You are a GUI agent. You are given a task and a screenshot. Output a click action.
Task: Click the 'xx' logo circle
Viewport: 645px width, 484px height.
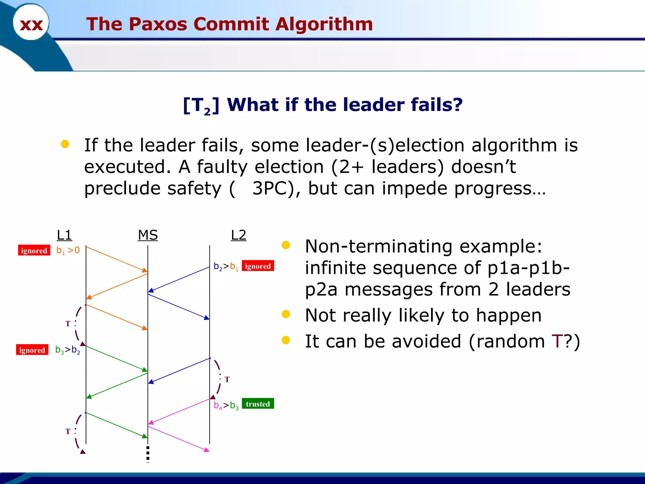point(31,23)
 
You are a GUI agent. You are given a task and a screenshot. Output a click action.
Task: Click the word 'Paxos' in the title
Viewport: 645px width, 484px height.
point(158,24)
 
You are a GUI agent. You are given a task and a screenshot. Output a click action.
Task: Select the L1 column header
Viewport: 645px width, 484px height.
point(64,235)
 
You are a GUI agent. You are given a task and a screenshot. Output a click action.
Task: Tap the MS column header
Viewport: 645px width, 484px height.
point(148,235)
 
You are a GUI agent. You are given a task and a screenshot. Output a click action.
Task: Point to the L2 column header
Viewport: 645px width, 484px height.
point(238,235)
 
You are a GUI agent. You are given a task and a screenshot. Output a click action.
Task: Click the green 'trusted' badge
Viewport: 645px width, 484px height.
point(258,404)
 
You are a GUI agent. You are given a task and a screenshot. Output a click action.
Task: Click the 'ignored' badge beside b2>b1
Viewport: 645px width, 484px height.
point(258,266)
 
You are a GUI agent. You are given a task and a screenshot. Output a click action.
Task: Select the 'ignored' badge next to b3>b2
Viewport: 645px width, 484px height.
point(32,350)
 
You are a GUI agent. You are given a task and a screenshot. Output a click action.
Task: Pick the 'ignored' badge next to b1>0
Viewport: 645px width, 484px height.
point(34,251)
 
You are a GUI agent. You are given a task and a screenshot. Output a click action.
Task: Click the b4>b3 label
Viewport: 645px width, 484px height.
point(226,405)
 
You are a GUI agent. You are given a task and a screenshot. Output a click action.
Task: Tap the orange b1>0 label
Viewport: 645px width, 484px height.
point(68,251)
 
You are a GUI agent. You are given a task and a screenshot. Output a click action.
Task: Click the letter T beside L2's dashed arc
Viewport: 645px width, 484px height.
point(227,379)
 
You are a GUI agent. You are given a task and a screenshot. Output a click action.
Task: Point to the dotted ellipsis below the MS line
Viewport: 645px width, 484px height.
point(148,454)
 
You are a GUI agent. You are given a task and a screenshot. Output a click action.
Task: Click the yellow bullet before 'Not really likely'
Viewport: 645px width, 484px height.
point(286,314)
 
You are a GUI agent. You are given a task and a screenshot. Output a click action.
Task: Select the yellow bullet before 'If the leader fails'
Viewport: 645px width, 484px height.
point(65,144)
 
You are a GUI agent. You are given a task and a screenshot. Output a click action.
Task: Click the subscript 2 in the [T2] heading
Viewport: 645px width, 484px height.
point(207,112)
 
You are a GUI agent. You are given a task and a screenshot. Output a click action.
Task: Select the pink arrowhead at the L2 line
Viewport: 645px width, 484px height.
point(207,450)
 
